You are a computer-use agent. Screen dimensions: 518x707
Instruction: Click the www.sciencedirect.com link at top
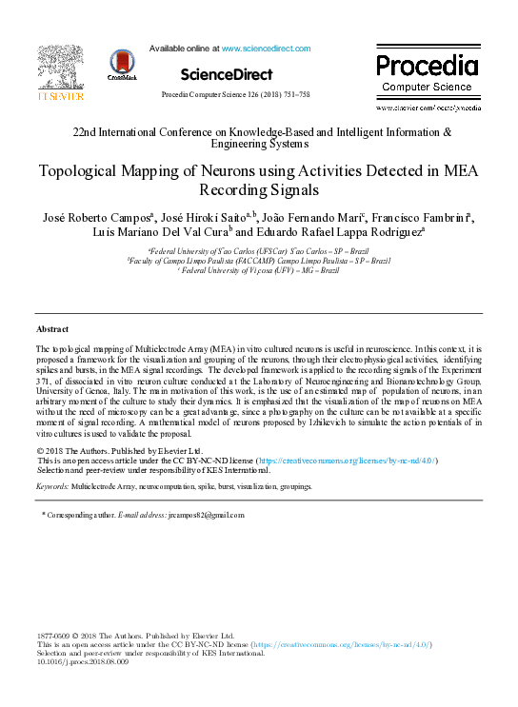click(x=266, y=48)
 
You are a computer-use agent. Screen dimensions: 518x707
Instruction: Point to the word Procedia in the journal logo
click(x=427, y=66)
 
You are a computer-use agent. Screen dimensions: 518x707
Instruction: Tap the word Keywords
click(x=52, y=486)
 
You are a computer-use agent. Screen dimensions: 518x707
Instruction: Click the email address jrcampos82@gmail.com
click(x=204, y=515)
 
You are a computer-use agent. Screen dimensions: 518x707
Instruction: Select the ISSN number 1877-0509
click(x=56, y=635)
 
